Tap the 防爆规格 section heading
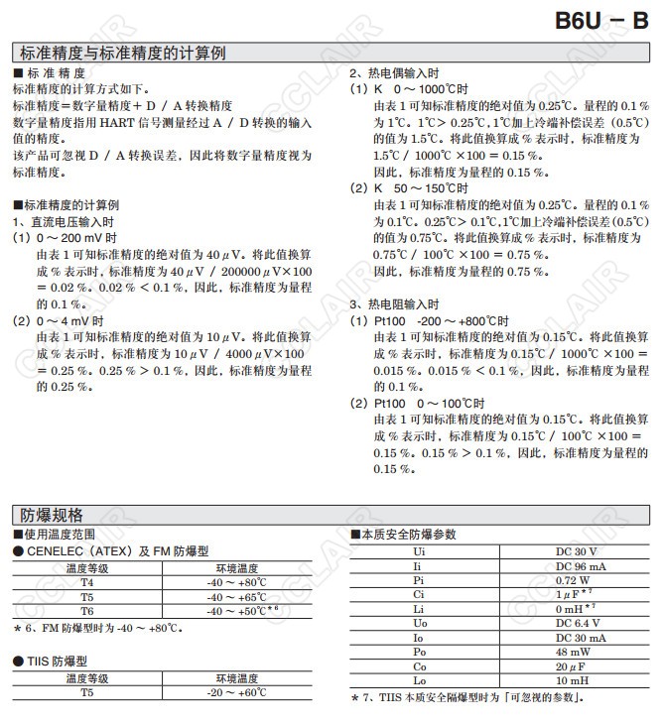pyautogui.click(x=52, y=514)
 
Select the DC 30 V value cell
pyautogui.click(x=576, y=550)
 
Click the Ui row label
pyautogui.click(x=420, y=550)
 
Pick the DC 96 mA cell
pyautogui.click(x=576, y=565)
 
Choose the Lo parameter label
pyautogui.click(x=420, y=681)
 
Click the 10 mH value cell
pyautogui.click(x=576, y=681)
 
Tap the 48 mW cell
pyautogui.click(x=576, y=653)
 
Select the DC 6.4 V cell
pyautogui.click(x=576, y=623)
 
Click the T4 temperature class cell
pyautogui.click(x=87, y=583)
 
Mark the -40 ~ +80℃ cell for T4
pyautogui.click(x=236, y=583)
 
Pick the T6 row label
pyautogui.click(x=87, y=611)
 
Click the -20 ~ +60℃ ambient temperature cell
pyautogui.click(x=236, y=692)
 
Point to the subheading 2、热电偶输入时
pyautogui.click(x=394, y=74)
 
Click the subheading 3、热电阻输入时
pyautogui.click(x=394, y=304)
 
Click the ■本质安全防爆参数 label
pyautogui.click(x=404, y=534)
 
